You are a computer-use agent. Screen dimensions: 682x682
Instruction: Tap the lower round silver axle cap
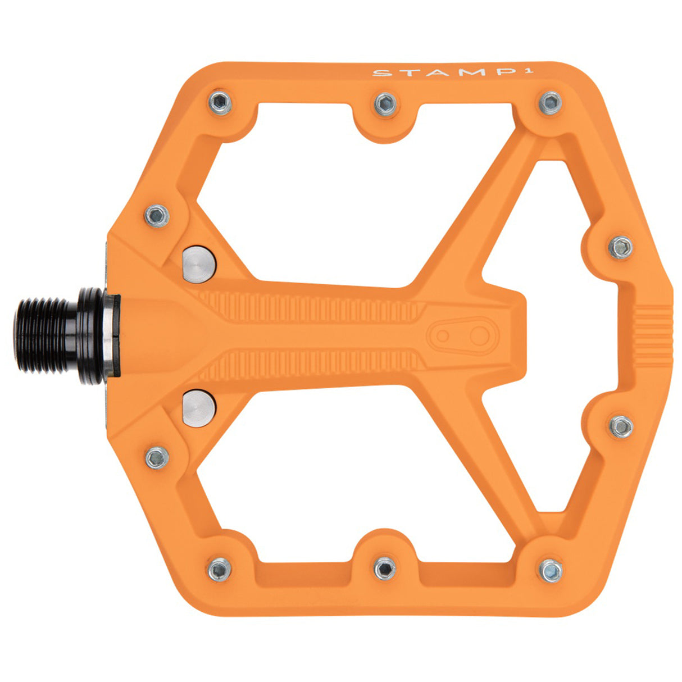point(198,407)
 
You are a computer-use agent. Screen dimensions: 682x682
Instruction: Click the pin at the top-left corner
point(220,103)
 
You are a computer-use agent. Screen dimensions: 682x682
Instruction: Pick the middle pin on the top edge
point(385,104)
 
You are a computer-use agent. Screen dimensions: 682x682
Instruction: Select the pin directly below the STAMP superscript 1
point(550,103)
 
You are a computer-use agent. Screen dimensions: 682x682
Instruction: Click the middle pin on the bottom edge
point(385,568)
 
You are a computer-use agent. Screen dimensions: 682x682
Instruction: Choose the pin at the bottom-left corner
point(219,569)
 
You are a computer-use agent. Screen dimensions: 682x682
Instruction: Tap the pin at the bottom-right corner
point(550,570)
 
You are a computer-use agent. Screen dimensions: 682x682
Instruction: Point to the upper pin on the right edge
point(621,247)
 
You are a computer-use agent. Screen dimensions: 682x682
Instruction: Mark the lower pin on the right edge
point(621,426)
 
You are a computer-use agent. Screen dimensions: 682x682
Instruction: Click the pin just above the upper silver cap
point(157,215)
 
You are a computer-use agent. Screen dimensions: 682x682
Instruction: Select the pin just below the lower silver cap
point(157,457)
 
